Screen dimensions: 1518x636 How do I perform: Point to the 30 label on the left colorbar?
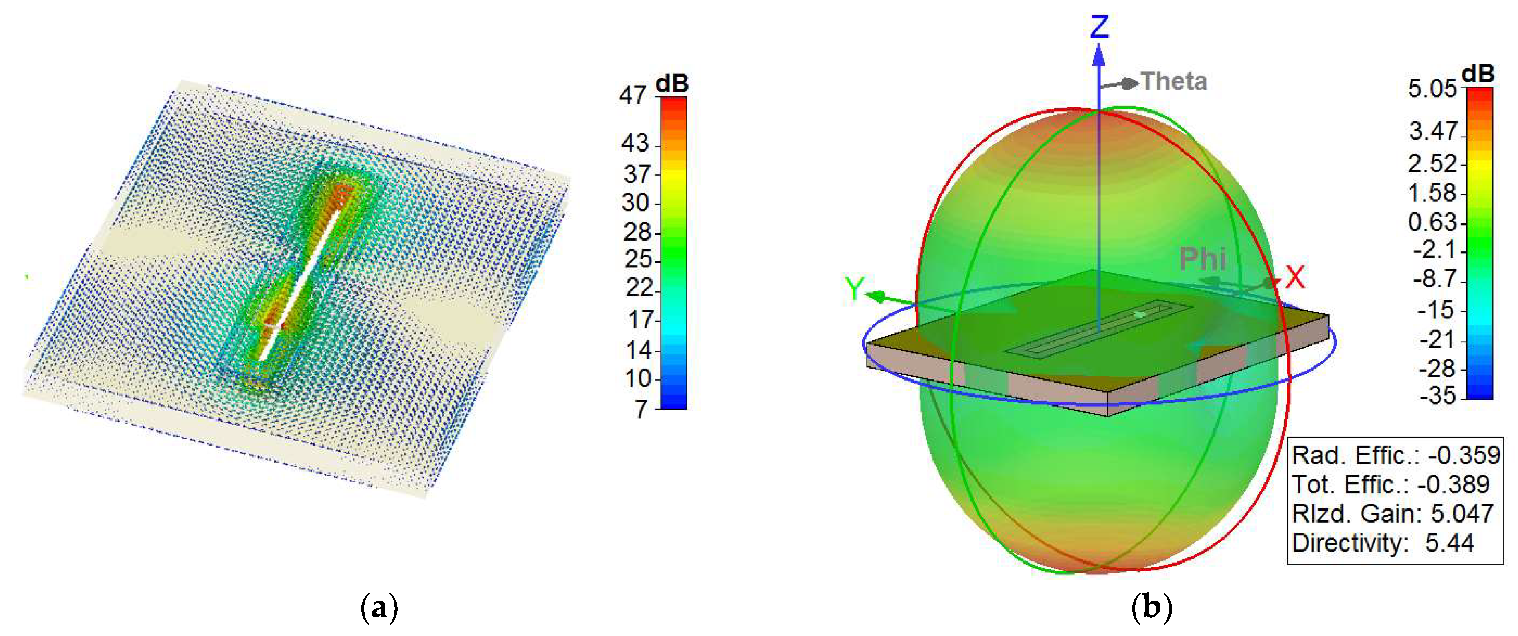point(635,203)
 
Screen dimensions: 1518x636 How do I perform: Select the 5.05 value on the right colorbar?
point(1432,89)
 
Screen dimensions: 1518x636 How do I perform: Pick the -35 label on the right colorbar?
point(1438,395)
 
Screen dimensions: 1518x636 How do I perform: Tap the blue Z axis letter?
point(1100,27)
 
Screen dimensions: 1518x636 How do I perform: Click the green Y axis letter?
point(854,288)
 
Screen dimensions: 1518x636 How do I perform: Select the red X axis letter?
point(1295,277)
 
